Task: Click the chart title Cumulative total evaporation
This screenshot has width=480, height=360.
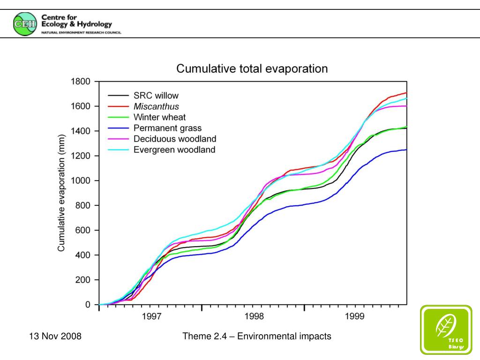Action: (252, 69)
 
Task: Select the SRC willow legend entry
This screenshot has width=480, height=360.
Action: (156, 96)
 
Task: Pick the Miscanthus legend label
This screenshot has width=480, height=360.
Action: (156, 106)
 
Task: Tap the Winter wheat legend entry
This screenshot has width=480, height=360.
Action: (159, 117)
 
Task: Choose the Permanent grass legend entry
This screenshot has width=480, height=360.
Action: (167, 128)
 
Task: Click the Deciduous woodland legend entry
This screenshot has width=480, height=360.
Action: (174, 139)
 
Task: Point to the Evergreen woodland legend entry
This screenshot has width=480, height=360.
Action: (174, 150)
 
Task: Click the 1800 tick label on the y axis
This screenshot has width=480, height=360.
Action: (80, 82)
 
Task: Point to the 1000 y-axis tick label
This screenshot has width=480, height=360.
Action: (80, 181)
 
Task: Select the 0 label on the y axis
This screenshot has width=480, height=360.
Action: (88, 305)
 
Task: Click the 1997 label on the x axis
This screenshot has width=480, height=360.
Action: (152, 317)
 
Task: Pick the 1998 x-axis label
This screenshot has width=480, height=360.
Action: (254, 317)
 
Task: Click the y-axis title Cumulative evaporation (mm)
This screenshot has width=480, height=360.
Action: (61, 193)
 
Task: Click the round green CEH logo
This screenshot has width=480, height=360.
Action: (24, 24)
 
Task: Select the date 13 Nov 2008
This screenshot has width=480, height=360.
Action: (55, 336)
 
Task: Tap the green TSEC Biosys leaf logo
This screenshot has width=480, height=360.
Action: (445, 329)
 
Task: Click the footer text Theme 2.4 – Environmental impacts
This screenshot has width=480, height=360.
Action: (257, 336)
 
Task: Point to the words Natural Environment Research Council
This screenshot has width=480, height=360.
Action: (81, 32)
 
